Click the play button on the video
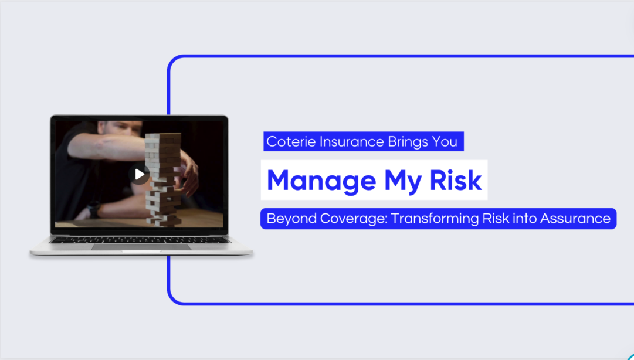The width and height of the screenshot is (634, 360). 139,174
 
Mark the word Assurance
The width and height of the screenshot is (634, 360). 575,219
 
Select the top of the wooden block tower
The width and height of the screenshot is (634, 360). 163,137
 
